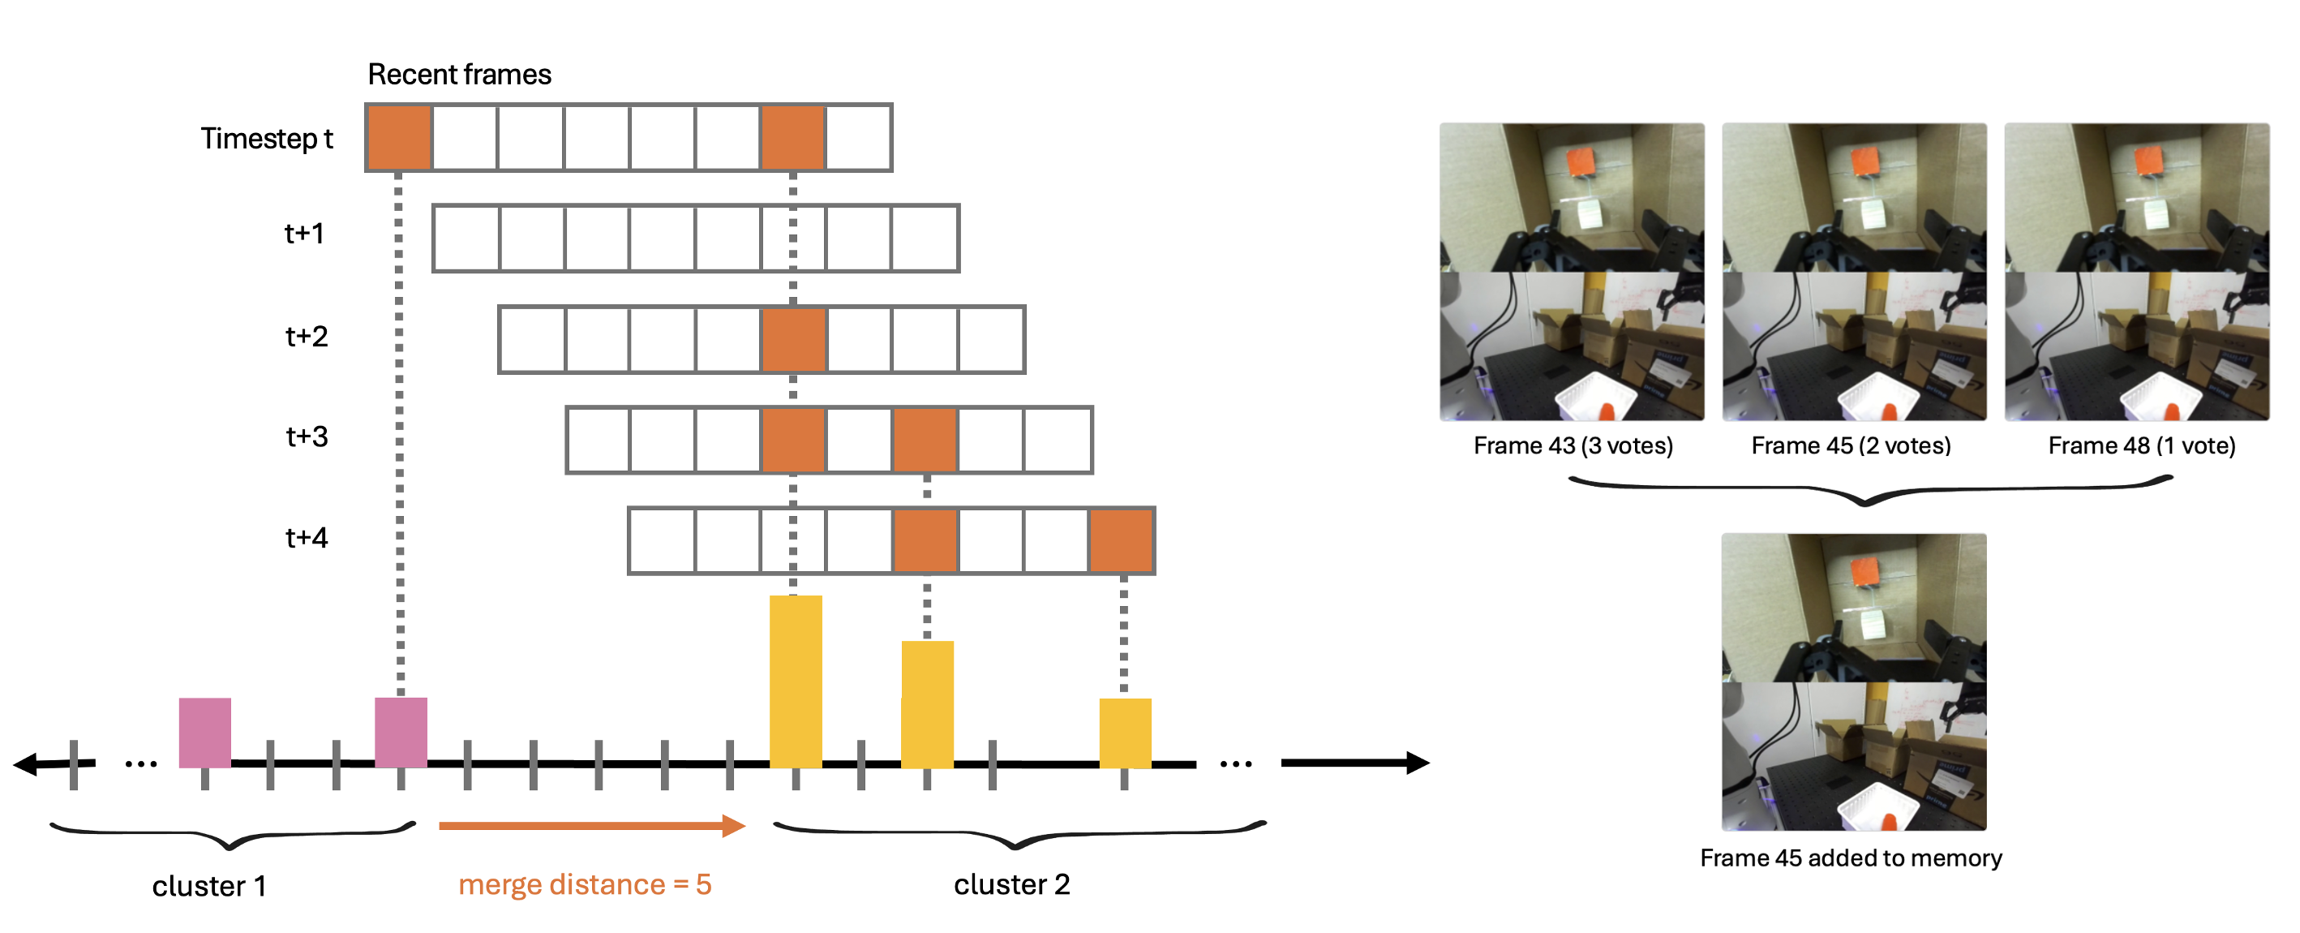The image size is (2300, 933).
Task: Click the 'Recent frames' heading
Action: tap(459, 74)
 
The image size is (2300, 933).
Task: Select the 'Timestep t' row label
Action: tap(266, 139)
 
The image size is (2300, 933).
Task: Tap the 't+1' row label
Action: tap(303, 234)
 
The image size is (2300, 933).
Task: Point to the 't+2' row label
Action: tap(307, 337)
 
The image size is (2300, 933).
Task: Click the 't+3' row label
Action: tap(307, 436)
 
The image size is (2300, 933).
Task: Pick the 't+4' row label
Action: tap(307, 537)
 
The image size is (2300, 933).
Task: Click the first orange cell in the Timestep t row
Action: tap(399, 137)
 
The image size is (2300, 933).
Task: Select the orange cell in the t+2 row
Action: tap(794, 339)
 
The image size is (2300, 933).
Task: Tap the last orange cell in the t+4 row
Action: tap(1121, 540)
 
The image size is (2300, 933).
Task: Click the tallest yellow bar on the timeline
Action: tap(796, 681)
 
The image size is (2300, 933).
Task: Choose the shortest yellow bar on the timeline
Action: tap(1124, 732)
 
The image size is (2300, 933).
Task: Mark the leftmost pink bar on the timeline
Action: tap(204, 732)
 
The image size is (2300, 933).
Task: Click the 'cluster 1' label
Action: tap(209, 886)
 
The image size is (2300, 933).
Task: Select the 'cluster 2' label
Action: tap(1011, 884)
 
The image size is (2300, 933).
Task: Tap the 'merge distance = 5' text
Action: tap(585, 884)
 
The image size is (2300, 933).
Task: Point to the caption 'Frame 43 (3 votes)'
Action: tap(1573, 445)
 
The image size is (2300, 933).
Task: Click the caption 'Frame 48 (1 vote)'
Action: tap(2141, 445)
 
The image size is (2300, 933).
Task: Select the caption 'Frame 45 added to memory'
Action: tap(1850, 858)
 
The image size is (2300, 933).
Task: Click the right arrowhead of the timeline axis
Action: tap(1418, 763)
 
